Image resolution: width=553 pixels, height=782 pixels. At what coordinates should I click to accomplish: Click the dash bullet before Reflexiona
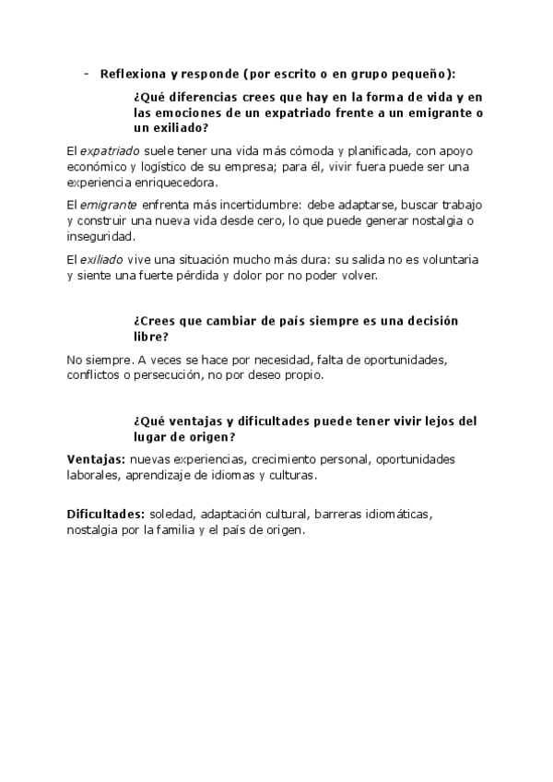pyautogui.click(x=85, y=75)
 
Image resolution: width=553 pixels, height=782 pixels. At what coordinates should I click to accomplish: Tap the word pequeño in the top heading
pyautogui.click(x=423, y=75)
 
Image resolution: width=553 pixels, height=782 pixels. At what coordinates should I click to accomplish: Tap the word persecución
pyautogui.click(x=166, y=375)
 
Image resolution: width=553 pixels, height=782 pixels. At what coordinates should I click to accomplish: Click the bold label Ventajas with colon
pyautogui.click(x=96, y=458)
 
